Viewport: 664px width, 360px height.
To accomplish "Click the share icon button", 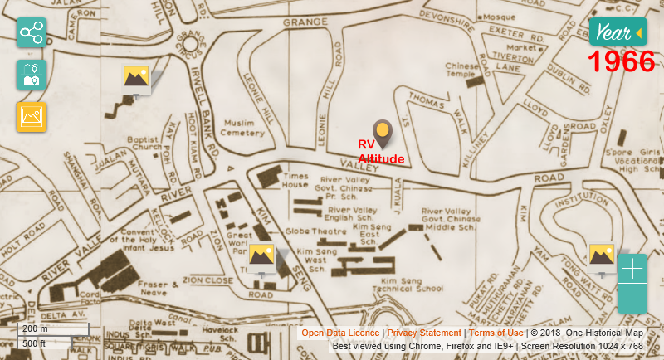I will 32,33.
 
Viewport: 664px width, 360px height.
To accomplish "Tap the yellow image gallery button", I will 32,117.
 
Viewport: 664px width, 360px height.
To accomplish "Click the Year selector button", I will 618,33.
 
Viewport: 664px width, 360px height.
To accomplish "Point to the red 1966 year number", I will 622,62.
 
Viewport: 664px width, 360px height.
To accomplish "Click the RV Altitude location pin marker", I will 382,133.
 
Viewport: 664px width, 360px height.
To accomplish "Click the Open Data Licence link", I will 340,333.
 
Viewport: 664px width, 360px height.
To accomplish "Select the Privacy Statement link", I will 423,333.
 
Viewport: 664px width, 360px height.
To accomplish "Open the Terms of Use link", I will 496,333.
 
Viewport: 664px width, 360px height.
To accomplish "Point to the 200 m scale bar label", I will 35,329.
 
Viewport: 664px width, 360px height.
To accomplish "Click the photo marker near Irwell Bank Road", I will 136,78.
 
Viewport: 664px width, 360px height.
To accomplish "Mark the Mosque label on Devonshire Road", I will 499,16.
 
